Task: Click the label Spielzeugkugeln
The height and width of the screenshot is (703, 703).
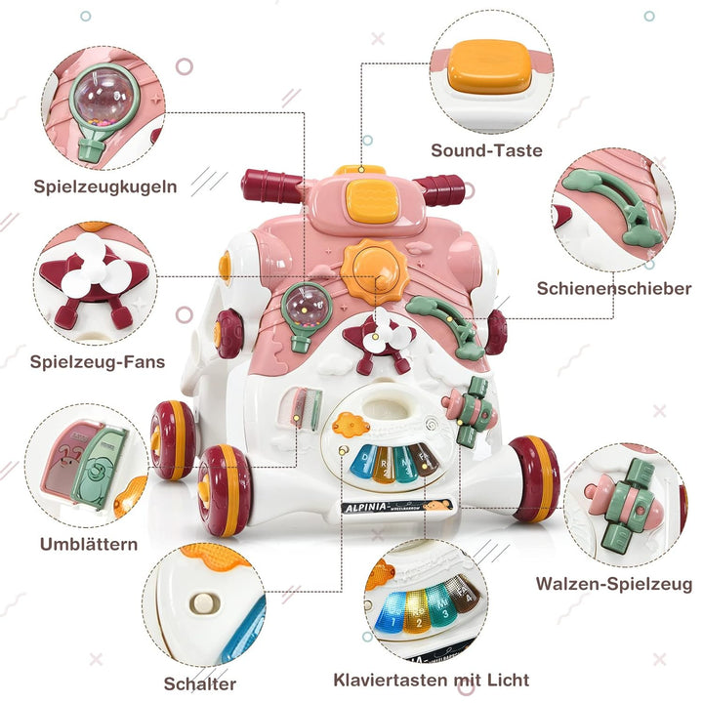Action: point(105,185)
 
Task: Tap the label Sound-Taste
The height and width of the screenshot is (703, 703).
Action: point(486,150)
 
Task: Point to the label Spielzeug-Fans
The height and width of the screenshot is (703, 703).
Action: point(97,362)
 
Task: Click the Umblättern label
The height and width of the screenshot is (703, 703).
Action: point(89,543)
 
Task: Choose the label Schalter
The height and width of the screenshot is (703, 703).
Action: point(200,684)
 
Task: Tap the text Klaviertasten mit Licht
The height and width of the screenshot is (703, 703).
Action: point(432,680)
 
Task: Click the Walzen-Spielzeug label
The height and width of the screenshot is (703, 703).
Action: point(613,584)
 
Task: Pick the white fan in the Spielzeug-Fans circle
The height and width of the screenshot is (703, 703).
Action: point(94,275)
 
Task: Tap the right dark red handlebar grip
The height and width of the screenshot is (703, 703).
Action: point(441,188)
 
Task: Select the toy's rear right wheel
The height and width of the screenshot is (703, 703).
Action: point(537,478)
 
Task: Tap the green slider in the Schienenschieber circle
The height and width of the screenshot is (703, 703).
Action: point(613,200)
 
